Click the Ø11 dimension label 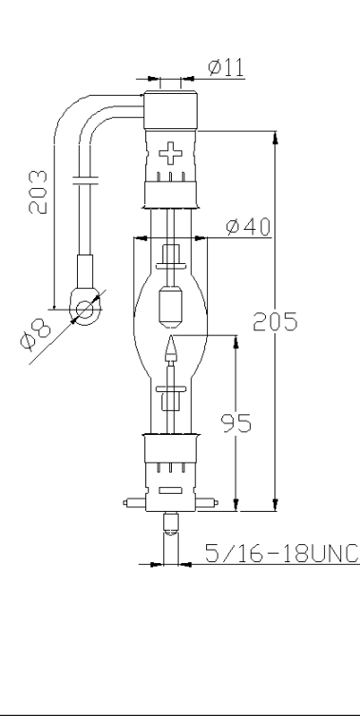coord(226,67)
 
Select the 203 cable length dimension coord(38,192)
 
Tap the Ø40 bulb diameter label coord(249,227)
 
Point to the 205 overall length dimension coord(275,322)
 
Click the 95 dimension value coord(237,423)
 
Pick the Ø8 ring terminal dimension coord(35,334)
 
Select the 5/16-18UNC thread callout coord(282,553)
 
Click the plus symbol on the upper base coord(170,153)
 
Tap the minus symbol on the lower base coord(170,491)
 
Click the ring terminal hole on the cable coord(85,310)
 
